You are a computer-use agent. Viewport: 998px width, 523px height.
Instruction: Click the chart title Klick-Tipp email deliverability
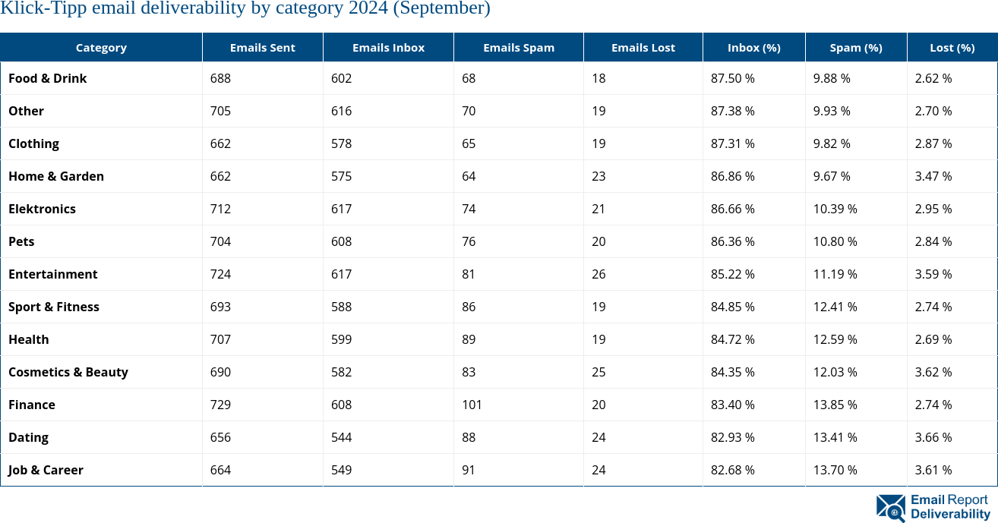(x=245, y=9)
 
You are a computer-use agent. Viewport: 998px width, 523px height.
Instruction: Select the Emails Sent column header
(x=262, y=47)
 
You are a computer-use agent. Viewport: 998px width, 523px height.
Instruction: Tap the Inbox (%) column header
(x=753, y=47)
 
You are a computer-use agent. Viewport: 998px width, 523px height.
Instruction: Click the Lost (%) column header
(x=952, y=47)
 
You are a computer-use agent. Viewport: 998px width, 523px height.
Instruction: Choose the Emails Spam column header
(x=518, y=47)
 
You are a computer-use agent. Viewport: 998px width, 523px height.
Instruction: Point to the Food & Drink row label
(x=48, y=78)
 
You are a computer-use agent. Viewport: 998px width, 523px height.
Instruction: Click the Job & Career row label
(x=46, y=470)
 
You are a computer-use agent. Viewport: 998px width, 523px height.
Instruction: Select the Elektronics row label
(x=42, y=209)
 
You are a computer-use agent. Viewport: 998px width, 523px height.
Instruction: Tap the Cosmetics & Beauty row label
(x=68, y=372)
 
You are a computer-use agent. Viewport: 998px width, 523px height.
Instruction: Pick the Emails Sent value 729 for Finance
(x=220, y=405)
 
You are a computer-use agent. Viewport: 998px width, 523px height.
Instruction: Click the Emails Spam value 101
(x=472, y=405)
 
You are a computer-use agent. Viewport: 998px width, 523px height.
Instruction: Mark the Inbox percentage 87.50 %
(x=732, y=78)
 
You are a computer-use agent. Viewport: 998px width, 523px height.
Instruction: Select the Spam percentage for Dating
(x=835, y=437)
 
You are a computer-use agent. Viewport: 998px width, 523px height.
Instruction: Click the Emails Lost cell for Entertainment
(x=598, y=274)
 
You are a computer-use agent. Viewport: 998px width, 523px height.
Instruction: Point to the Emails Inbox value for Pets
(x=341, y=241)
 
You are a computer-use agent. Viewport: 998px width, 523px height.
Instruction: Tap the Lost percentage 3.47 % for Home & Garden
(x=933, y=176)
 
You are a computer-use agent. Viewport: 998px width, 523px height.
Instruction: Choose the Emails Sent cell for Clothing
(x=220, y=143)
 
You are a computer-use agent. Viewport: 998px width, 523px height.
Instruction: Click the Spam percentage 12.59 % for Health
(x=835, y=339)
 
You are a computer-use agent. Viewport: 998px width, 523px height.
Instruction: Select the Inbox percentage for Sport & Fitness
(x=732, y=307)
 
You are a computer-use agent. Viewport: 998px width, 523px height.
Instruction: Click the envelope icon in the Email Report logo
(x=890, y=508)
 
